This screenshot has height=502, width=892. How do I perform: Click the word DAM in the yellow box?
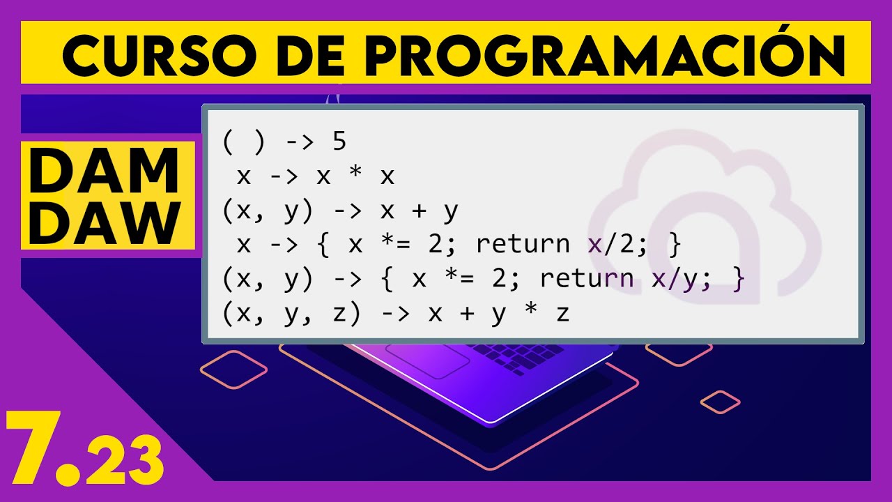tap(104, 172)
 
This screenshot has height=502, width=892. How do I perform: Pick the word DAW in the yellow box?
tap(104, 223)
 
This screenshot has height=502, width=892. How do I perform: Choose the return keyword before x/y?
tap(587, 279)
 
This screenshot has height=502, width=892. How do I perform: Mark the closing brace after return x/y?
tap(739, 279)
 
